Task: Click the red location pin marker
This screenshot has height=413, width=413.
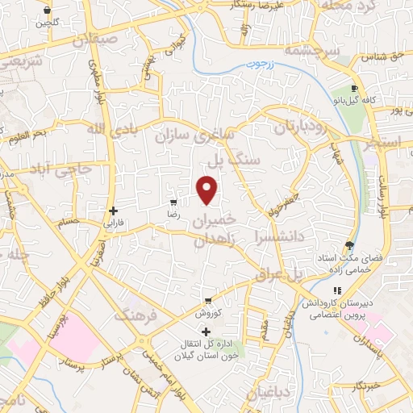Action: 207,190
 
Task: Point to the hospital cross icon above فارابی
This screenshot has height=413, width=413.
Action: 113,211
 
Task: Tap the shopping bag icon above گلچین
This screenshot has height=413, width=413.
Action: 48,10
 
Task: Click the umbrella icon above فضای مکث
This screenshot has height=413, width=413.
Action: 348,246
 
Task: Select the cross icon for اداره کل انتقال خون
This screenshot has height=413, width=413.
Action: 205,332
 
